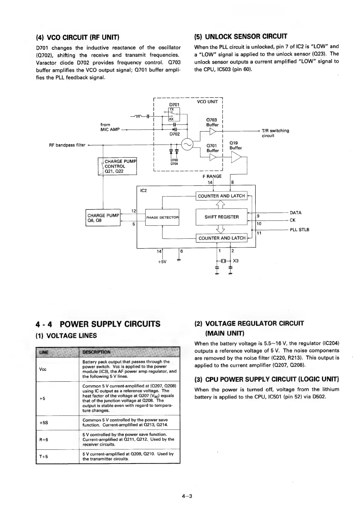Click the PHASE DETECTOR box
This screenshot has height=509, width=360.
(162, 217)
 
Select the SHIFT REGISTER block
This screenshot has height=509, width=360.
(222, 217)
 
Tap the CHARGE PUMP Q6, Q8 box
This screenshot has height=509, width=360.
(103, 218)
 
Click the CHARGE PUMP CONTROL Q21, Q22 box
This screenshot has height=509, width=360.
(118, 166)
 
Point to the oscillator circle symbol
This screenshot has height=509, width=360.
(187, 144)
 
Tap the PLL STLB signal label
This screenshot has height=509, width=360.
(299, 230)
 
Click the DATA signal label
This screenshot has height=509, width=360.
(295, 212)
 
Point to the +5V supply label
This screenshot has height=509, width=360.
(162, 261)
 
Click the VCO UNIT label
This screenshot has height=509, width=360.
(207, 102)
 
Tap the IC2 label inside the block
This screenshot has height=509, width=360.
(144, 191)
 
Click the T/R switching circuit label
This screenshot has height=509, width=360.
(275, 133)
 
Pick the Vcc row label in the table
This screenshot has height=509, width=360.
(43, 369)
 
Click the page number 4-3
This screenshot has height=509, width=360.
(187, 496)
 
